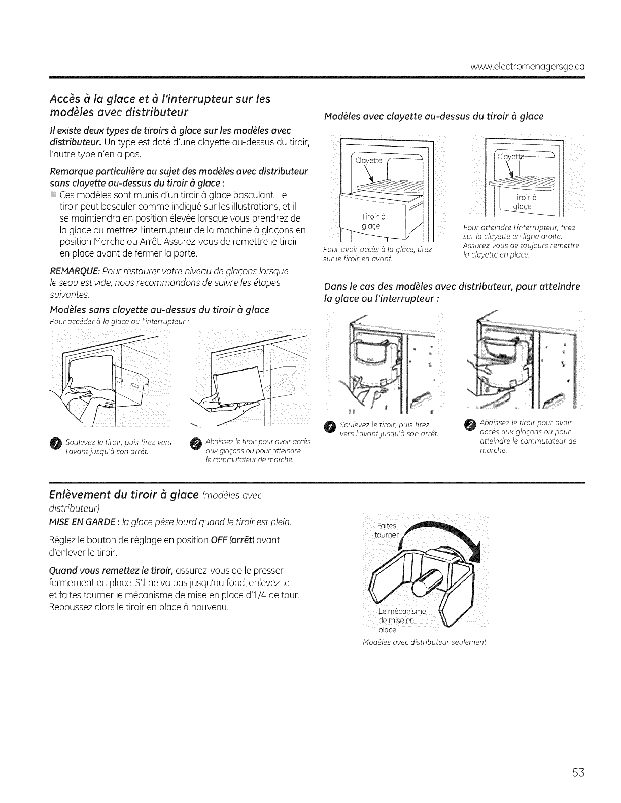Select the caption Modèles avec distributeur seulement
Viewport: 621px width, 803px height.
click(x=425, y=642)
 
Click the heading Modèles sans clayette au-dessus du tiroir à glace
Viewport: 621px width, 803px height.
click(x=160, y=310)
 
